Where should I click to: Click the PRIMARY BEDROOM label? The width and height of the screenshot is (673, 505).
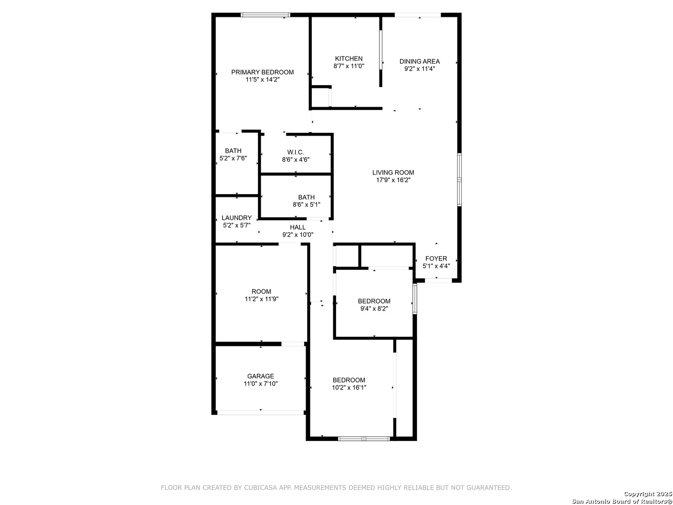tap(262, 72)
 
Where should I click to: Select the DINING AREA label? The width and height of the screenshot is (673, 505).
tap(419, 61)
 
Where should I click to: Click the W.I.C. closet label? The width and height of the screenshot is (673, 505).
tap(295, 152)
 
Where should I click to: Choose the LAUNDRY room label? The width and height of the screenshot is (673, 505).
tap(236, 218)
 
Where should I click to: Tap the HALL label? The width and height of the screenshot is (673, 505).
tap(297, 227)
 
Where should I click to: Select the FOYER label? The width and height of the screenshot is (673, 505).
tap(436, 259)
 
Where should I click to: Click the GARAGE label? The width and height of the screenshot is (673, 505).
tap(260, 376)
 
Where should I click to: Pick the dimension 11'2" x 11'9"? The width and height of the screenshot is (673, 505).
tap(261, 299)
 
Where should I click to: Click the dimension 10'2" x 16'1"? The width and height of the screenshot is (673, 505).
tap(349, 388)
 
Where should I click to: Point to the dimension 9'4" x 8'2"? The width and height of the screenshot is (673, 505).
tap(374, 309)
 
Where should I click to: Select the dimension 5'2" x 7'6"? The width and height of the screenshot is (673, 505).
tap(233, 158)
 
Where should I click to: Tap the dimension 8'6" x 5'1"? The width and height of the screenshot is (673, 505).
tap(306, 204)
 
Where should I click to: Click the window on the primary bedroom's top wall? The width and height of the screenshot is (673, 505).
tap(265, 14)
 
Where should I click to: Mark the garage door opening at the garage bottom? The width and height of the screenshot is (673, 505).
tap(260, 412)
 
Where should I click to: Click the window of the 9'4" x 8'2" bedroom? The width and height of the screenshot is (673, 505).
tap(415, 299)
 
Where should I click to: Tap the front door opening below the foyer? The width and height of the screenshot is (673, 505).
tap(438, 280)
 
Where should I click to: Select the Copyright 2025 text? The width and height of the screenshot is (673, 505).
tap(647, 494)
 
